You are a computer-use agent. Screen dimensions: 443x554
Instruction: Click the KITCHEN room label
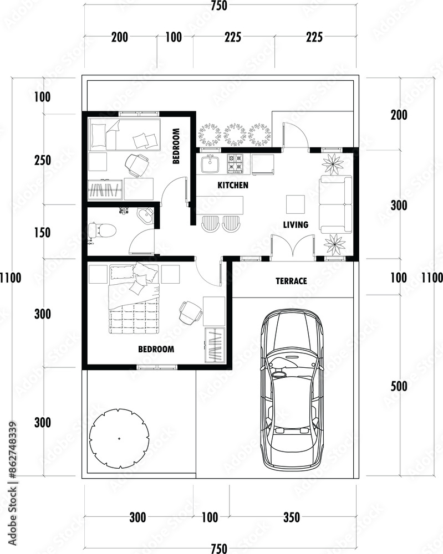pyautogui.click(x=233, y=185)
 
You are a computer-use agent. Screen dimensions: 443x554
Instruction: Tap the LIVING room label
pyautogui.click(x=296, y=225)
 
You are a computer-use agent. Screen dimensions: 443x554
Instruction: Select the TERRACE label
pyautogui.click(x=291, y=281)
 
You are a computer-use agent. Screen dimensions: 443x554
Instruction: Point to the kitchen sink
pyautogui.click(x=210, y=163)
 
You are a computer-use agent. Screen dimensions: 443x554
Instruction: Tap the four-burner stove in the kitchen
pyautogui.click(x=236, y=163)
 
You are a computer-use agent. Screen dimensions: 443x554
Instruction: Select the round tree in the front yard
pyautogui.click(x=119, y=438)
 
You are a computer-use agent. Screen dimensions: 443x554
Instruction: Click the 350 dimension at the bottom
pyautogui.click(x=292, y=517)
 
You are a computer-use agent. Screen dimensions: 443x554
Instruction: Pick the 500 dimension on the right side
pyautogui.click(x=399, y=386)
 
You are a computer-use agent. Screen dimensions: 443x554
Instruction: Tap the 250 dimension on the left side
pyautogui.click(x=43, y=161)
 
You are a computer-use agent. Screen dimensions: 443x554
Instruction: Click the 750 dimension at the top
pyautogui.click(x=219, y=6)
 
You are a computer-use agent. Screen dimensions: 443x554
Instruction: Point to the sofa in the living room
pyautogui.click(x=335, y=204)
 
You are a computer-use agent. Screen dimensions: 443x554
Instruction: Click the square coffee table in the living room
pyautogui.click(x=295, y=204)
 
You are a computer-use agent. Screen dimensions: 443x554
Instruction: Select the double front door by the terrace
pyautogui.click(x=293, y=248)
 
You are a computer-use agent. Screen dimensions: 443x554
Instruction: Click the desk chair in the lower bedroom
pyautogui.click(x=190, y=312)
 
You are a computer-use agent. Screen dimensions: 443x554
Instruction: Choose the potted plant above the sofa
pyautogui.click(x=333, y=163)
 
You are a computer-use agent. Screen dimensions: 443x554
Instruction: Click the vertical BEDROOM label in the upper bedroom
pyautogui.click(x=176, y=146)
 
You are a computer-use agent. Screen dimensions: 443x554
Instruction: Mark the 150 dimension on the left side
pyautogui.click(x=43, y=233)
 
